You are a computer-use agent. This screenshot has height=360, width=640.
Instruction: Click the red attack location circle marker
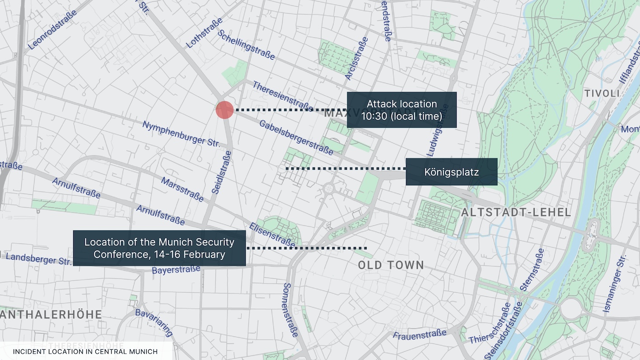coord(224,110)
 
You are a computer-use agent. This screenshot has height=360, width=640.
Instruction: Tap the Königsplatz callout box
coord(451,172)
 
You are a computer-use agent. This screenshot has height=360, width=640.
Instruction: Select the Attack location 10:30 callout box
coord(402,110)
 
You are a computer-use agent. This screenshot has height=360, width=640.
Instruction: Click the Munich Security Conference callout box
coord(159,248)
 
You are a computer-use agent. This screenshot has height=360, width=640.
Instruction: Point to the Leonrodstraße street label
coord(52,30)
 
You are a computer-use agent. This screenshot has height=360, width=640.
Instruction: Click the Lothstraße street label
coord(204,33)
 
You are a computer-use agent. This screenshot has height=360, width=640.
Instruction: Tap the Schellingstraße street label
coord(246,44)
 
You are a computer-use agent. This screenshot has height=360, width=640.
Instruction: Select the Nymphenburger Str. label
coord(181,133)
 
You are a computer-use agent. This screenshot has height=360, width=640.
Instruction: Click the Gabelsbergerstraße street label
coord(296,137)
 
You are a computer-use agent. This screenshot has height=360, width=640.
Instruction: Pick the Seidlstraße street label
coord(222,172)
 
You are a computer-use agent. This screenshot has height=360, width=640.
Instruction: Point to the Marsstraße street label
coord(182,189)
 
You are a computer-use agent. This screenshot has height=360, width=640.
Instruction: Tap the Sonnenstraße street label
coord(290,310)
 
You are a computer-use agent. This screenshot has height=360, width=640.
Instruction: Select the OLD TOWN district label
coord(391,265)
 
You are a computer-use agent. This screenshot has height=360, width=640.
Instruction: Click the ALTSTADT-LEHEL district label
coord(516,213)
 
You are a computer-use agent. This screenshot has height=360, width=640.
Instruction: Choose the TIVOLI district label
coord(602,94)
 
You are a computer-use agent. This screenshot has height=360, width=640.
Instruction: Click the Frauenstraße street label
coord(420,335)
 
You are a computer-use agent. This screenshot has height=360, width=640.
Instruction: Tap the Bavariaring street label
coord(154,323)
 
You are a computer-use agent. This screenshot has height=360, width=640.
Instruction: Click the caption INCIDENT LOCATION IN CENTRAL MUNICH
coord(85,351)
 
